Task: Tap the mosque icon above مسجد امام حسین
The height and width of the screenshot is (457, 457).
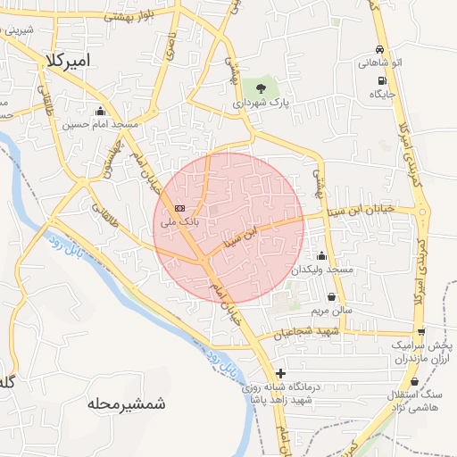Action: (100, 112)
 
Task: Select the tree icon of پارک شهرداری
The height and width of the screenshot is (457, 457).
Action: (260, 88)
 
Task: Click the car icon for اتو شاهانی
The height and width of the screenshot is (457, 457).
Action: (381, 50)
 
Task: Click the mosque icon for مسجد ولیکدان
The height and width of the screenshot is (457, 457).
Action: (320, 256)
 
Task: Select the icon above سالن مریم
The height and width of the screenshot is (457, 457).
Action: (332, 297)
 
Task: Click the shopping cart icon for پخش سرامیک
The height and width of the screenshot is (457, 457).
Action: (420, 332)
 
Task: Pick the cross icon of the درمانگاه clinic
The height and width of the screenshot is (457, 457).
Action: (281, 374)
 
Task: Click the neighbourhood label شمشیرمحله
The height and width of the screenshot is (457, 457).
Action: (127, 403)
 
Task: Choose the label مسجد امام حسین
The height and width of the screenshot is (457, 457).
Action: (97, 125)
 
